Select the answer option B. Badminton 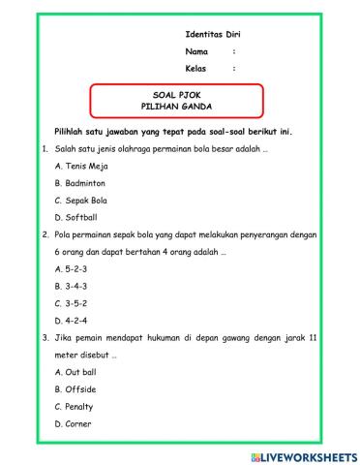pyautogui.click(x=80, y=183)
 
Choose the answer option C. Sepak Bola pyautogui.click(x=81, y=200)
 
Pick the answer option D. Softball pyautogui.click(x=76, y=217)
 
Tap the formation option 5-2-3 pyautogui.click(x=72, y=268)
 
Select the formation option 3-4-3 pyautogui.click(x=72, y=286)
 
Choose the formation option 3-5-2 pyautogui.click(x=72, y=303)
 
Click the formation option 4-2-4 pyautogui.click(x=72, y=320)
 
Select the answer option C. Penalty pyautogui.click(x=76, y=406)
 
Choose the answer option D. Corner pyautogui.click(x=75, y=423)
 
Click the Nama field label pyautogui.click(x=196, y=50)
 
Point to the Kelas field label pyautogui.click(x=196, y=68)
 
